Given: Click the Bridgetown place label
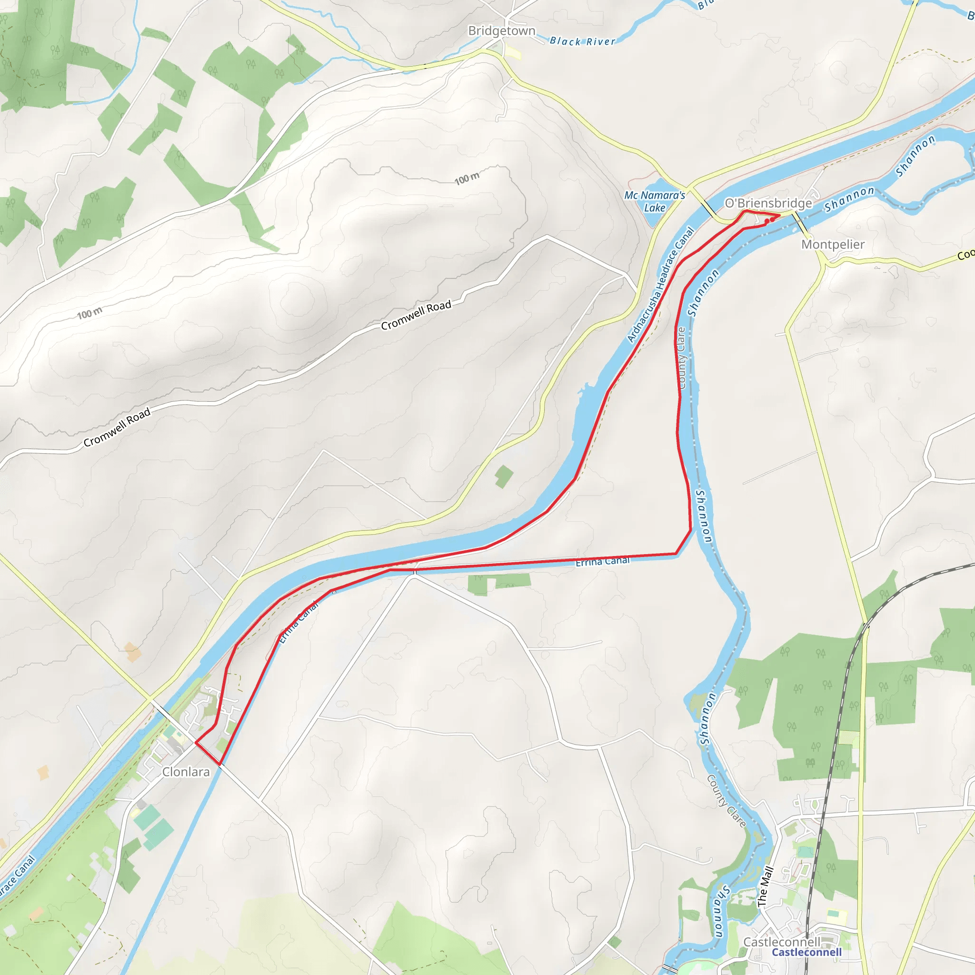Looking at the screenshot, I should (502, 31).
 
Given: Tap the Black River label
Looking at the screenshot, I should (582, 41).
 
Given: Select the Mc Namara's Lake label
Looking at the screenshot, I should (655, 201).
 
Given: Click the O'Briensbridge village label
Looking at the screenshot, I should (768, 203).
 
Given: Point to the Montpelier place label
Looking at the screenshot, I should (833, 244).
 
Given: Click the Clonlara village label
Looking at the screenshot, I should (186, 772).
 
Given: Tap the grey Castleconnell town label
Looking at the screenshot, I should (782, 942).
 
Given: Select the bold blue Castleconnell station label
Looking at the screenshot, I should (806, 952).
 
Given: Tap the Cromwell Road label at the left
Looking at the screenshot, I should (117, 427).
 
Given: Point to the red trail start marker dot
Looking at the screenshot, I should (772, 219).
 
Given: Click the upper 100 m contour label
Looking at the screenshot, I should (467, 178).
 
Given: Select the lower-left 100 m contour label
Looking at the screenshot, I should (90, 313).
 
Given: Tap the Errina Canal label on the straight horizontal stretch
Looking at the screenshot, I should (603, 561).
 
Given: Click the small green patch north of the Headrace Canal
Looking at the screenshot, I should (504, 477).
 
